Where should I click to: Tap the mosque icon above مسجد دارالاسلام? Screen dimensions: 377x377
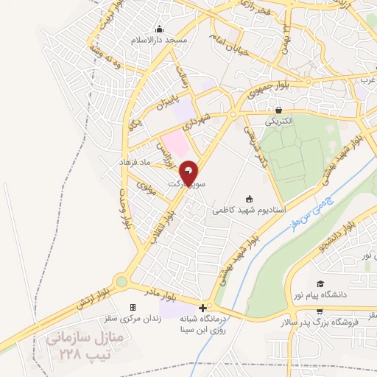coord(159,29)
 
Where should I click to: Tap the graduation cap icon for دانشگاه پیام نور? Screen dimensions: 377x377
coord(320,283)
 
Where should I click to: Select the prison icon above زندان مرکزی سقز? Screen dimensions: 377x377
coord(133,307)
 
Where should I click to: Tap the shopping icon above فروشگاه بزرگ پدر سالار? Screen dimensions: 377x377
coord(320,312)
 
